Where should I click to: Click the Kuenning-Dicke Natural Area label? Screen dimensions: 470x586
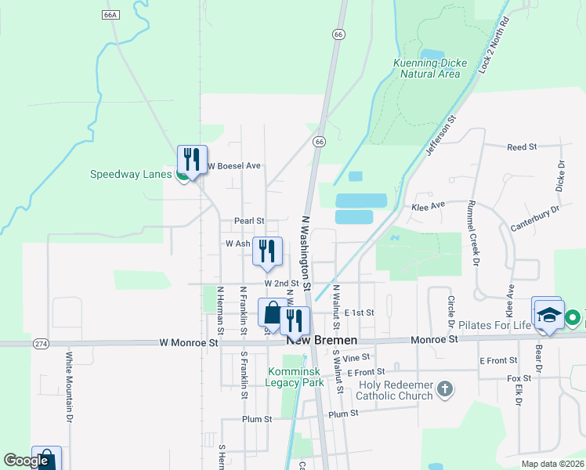tap(429, 68)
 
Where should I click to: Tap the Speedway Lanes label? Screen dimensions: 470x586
tap(130, 174)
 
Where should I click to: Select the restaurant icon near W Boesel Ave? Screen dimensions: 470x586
tap(192, 160)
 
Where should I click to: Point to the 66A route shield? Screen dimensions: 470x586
tap(110, 15)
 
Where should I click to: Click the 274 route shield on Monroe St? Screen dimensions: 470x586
tap(42, 343)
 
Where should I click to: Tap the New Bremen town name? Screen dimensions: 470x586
tap(322, 341)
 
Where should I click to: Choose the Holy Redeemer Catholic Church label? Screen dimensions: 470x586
tap(396, 390)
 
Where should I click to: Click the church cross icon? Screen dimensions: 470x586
tap(444, 389)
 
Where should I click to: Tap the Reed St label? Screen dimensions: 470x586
tap(522, 146)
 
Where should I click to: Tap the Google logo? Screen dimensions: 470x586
tap(26, 461)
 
